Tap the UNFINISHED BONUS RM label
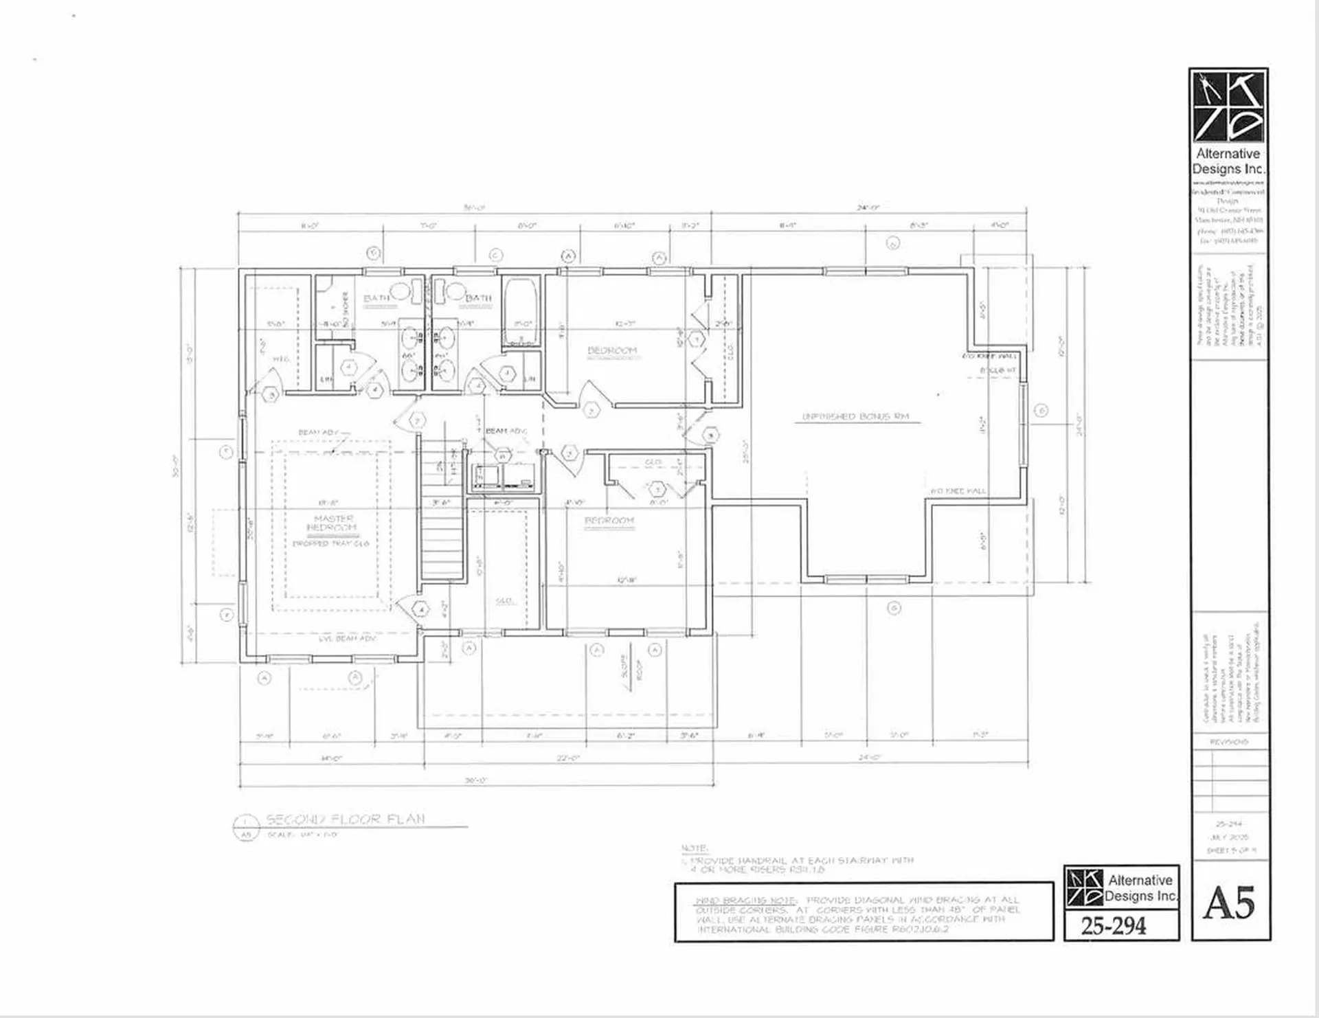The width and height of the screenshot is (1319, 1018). tap(856, 416)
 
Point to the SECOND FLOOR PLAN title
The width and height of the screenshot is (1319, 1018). tap(346, 819)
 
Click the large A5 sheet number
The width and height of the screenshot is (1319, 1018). tap(1229, 902)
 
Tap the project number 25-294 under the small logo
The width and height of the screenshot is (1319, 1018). tap(1114, 926)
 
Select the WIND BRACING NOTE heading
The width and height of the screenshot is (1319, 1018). tap(746, 900)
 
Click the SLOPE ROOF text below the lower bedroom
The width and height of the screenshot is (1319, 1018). tap(633, 667)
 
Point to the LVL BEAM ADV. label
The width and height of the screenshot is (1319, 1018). tap(348, 638)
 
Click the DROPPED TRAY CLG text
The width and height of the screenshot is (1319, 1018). tap(331, 543)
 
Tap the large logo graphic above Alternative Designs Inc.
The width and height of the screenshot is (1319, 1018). tap(1228, 106)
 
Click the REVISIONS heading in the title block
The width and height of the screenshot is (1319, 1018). tap(1229, 742)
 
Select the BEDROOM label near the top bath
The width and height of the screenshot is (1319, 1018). tap(612, 350)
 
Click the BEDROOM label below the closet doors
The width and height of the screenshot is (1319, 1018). tap(609, 521)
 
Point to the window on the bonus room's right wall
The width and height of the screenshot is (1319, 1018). tap(1023, 411)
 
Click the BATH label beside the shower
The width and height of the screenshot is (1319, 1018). tap(376, 297)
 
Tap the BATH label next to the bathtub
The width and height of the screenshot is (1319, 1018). tap(479, 298)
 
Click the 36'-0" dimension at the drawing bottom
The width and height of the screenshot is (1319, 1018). tap(475, 780)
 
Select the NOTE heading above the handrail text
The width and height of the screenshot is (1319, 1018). tap(695, 848)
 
